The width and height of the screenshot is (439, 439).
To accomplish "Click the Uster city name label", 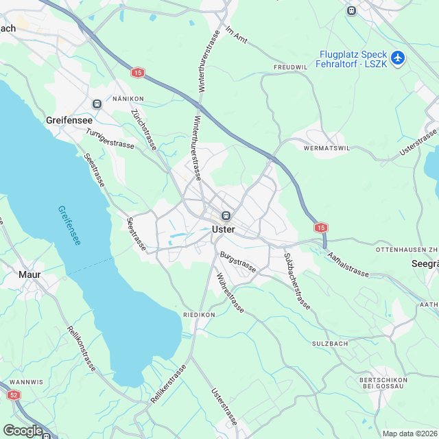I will (224, 230).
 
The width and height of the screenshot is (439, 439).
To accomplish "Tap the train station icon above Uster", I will (226, 215).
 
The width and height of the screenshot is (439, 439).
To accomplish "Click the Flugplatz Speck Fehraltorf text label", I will (353, 59).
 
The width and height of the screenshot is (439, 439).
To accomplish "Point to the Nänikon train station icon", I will (97, 104).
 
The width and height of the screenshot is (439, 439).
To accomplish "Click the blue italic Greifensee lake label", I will (70, 226).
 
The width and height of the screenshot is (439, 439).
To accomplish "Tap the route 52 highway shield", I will (13, 395).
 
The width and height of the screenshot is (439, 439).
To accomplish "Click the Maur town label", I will (29, 274).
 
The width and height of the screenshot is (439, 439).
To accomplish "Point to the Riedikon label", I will (199, 314).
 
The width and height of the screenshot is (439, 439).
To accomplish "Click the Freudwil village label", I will (291, 67).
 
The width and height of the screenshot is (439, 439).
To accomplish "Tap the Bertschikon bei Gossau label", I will (383, 383).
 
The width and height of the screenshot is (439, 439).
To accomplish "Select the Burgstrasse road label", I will (238, 262).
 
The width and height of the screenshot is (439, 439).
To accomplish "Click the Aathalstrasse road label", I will (348, 265).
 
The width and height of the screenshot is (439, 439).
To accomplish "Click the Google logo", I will (23, 430).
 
